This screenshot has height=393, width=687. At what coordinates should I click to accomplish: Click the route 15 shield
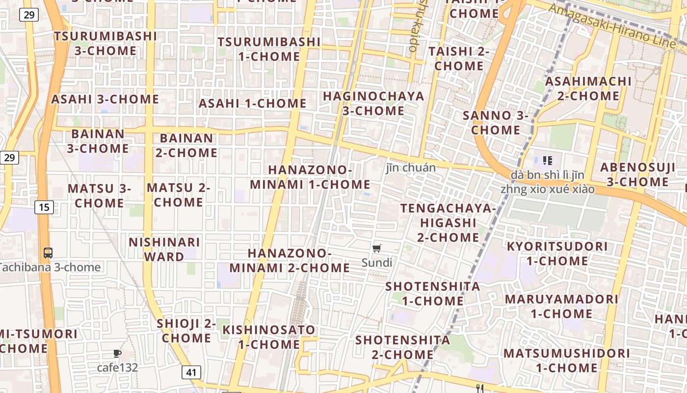(x=44, y=207)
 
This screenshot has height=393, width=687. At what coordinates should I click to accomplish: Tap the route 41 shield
(x=191, y=372)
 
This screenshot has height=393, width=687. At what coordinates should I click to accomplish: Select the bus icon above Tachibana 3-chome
(x=48, y=253)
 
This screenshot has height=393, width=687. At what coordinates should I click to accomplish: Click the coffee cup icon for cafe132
(x=117, y=353)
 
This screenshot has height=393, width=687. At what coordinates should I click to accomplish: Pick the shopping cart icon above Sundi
(x=377, y=249)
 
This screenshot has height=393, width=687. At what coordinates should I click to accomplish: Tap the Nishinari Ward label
(x=164, y=249)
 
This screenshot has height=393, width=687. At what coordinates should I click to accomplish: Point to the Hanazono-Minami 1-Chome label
(x=310, y=177)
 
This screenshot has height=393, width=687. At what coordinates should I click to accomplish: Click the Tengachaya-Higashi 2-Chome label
(x=448, y=223)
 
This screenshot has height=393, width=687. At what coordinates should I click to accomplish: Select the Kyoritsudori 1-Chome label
(x=557, y=253)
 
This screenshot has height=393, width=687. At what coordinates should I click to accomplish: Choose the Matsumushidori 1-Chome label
(x=567, y=360)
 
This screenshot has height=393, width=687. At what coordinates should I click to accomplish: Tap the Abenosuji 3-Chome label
(x=637, y=174)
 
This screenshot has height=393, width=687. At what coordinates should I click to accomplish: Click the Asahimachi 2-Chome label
(x=588, y=88)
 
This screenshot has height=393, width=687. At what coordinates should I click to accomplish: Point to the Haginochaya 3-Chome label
(x=373, y=103)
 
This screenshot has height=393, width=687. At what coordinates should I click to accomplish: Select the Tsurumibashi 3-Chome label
(x=106, y=43)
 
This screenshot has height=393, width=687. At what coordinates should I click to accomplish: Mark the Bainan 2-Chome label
(x=186, y=145)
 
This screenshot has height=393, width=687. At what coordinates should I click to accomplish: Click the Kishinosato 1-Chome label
(x=269, y=337)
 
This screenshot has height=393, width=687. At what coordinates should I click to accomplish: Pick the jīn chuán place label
(x=411, y=168)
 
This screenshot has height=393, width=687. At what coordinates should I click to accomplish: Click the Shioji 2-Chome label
(x=186, y=331)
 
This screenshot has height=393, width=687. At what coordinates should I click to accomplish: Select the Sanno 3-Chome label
(x=496, y=123)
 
